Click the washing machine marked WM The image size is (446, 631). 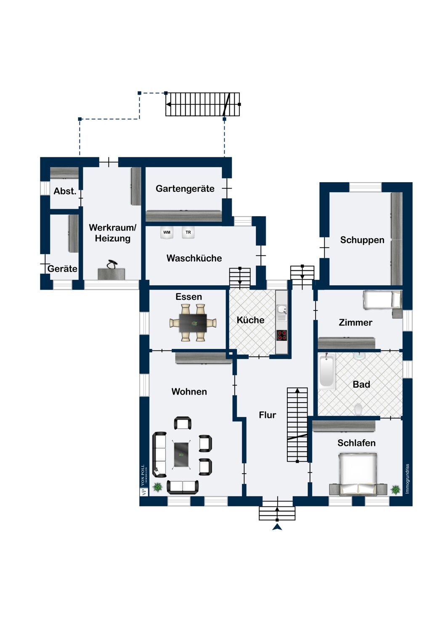(x=167, y=232)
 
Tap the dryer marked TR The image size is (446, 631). (x=188, y=232)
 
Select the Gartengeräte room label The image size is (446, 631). (x=185, y=188)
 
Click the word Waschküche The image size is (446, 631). (x=194, y=258)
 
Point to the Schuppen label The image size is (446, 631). (x=362, y=240)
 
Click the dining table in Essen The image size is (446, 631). (x=193, y=323)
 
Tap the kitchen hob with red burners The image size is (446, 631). (x=281, y=335)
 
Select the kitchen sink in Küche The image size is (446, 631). (x=281, y=313)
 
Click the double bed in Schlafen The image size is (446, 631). (x=358, y=475)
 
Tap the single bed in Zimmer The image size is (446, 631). (x=382, y=299)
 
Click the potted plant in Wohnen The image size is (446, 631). (x=157, y=487)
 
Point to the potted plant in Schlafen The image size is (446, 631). (x=396, y=490)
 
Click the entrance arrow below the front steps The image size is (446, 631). (x=277, y=528)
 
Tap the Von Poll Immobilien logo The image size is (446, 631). (x=144, y=480)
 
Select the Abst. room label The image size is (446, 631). (x=65, y=191)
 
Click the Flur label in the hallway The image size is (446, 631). (x=267, y=415)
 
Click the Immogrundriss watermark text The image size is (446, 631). (x=407, y=479)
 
